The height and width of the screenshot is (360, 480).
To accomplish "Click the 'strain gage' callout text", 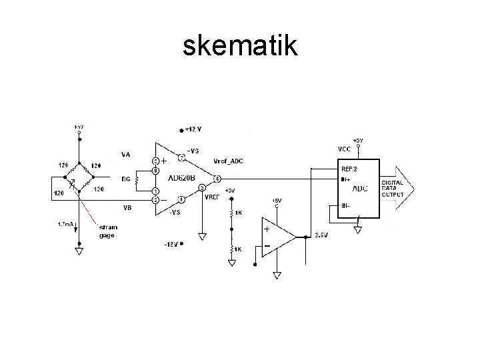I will tap(108, 231).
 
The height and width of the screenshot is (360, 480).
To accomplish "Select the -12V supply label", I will tap(171, 244).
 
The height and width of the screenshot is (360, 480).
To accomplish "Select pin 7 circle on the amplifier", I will tap(181, 158).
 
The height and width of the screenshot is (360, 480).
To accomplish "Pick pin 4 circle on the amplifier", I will tap(181, 199).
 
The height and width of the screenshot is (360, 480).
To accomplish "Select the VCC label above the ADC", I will tap(345, 148).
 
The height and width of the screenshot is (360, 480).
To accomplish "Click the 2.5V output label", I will tap(321, 235).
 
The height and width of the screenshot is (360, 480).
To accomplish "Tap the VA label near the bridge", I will tap(125, 155).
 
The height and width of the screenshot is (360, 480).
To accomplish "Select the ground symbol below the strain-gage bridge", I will tap(79, 251).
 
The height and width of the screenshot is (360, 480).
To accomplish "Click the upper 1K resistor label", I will tap(238, 213).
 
